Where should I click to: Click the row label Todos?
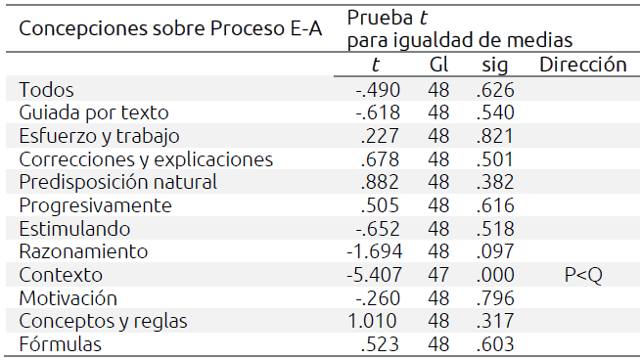tap(46, 90)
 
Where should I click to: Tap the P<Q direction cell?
tap(582, 276)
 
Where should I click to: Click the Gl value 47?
tap(437, 276)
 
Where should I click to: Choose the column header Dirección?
tap(582, 66)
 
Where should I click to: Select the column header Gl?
tap(437, 66)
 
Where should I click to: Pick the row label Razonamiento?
tap(83, 252)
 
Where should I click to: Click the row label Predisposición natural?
tap(117, 183)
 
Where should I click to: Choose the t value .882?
tap(377, 183)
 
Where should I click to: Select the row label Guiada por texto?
tap(94, 112)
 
